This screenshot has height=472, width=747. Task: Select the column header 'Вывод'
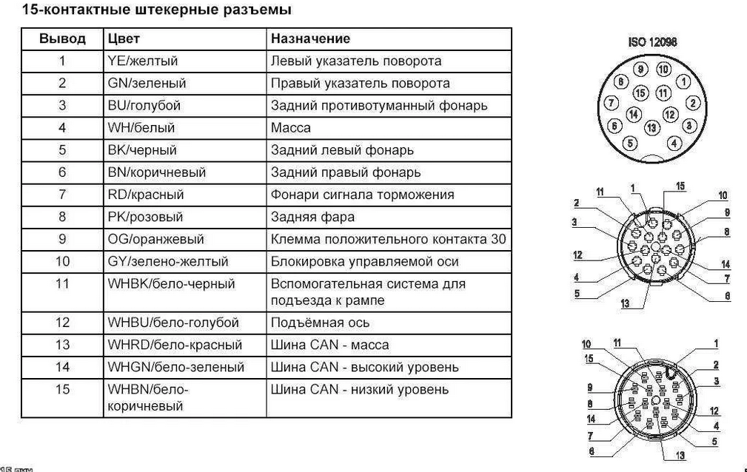click(x=62, y=38)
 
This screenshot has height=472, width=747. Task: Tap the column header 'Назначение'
click(x=310, y=38)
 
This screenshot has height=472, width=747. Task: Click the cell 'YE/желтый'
click(x=143, y=61)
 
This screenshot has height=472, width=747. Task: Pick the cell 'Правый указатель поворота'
click(x=360, y=83)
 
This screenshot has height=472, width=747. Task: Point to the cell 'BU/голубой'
click(x=144, y=105)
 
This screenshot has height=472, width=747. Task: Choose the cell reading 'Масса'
click(x=291, y=127)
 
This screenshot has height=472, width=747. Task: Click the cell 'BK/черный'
click(x=142, y=150)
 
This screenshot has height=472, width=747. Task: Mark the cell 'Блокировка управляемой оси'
click(x=364, y=261)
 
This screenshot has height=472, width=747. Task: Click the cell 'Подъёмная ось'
click(x=320, y=323)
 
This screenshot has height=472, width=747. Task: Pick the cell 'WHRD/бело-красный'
click(x=175, y=345)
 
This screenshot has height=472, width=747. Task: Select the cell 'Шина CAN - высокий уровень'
click(x=364, y=367)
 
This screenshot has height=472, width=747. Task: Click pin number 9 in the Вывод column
click(x=62, y=239)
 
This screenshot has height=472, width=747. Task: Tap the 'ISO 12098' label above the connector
click(x=652, y=43)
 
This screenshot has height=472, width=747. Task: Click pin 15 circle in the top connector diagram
click(x=641, y=93)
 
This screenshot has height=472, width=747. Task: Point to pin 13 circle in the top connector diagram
click(x=651, y=128)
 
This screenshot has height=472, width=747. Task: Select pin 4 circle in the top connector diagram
click(x=674, y=142)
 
